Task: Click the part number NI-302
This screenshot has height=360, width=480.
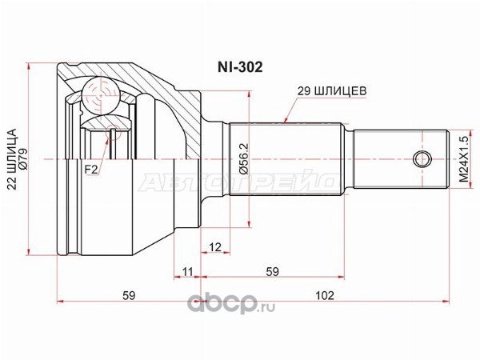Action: [240, 67]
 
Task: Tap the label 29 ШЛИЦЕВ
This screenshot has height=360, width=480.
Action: [332, 90]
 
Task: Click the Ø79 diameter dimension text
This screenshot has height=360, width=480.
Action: [23, 158]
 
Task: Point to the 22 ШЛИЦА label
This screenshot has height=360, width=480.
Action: [12, 159]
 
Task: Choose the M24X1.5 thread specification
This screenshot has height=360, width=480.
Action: [464, 159]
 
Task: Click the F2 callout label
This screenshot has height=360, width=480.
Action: [91, 170]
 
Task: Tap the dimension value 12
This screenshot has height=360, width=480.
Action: [215, 247]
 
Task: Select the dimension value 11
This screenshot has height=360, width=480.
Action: [187, 271]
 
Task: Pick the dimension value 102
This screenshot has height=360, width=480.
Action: [325, 295]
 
